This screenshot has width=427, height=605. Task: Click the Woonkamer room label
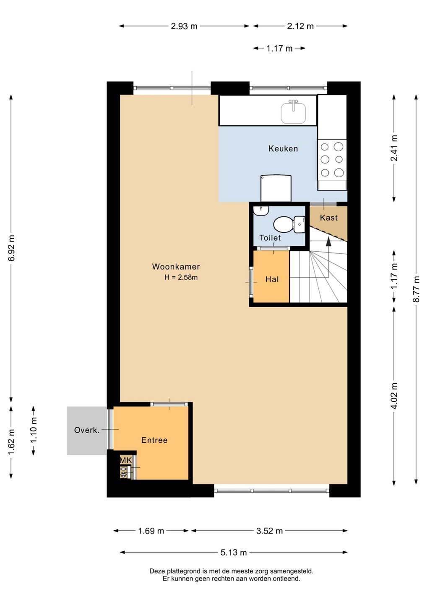[x=176, y=266]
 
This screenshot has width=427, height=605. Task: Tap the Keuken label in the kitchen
[x=283, y=149]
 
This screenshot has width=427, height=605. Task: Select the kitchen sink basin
[x=293, y=113]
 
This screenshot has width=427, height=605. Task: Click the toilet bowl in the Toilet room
[x=283, y=224]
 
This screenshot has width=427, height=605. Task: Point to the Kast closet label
[x=328, y=218]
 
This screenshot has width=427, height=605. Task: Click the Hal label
[x=272, y=279]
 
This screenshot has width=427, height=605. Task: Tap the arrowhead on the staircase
[x=328, y=242]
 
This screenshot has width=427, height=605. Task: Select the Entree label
[x=154, y=440]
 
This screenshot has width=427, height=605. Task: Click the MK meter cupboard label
[x=126, y=460]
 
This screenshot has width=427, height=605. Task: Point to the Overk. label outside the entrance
[x=87, y=430]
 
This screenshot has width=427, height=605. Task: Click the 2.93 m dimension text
[x=184, y=26]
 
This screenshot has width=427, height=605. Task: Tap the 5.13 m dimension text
[x=234, y=552]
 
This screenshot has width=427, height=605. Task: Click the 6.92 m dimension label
[x=11, y=248]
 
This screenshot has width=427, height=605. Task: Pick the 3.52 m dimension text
[x=270, y=531]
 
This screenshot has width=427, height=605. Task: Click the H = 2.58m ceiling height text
[x=181, y=277]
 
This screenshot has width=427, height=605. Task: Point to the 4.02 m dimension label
[x=394, y=396]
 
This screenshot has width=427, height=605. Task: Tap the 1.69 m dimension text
[x=151, y=531]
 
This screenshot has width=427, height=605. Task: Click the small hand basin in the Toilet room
[x=261, y=210]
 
